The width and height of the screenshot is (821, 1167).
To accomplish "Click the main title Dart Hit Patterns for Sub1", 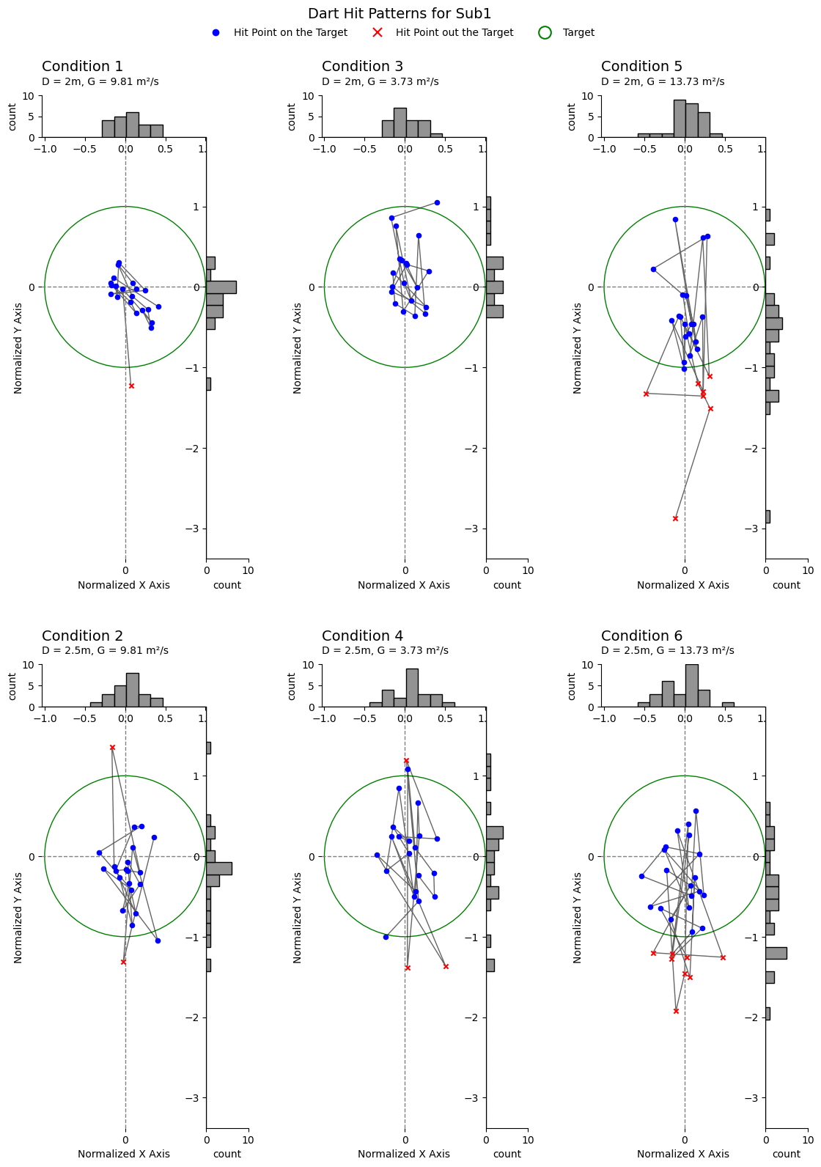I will coord(400,14).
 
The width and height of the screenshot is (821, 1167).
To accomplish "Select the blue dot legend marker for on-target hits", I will coord(216,33).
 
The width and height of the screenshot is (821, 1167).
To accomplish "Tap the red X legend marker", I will coord(378,33).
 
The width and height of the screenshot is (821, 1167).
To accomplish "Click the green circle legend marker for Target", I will coord(545,33).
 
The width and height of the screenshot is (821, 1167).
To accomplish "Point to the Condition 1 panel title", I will coord(82,67).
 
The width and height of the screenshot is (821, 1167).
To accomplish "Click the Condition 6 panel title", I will coord(641,636).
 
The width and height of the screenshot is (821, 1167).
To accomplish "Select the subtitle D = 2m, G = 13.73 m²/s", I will coord(663,81).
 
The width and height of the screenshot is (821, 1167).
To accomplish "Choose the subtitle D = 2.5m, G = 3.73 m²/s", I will coord(385,650).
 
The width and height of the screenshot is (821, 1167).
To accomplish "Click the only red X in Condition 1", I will coord(131,386).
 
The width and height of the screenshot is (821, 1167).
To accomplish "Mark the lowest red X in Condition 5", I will coord(675,518).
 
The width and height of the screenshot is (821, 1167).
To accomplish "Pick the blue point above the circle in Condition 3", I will coord(437,202).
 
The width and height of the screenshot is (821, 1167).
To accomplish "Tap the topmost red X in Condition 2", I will coord(112,748).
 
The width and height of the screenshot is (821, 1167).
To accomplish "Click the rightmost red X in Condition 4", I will coord(446,966).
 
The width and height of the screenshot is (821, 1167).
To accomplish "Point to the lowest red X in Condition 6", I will coord(676,1011).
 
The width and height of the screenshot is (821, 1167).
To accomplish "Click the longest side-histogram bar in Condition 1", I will coord(221,287).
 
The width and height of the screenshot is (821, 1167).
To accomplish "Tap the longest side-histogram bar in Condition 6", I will coord(776,953).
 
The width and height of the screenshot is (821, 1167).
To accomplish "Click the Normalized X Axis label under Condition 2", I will coord(124,1154).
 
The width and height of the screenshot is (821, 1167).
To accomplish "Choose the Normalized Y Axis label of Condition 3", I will coord(298,348).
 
